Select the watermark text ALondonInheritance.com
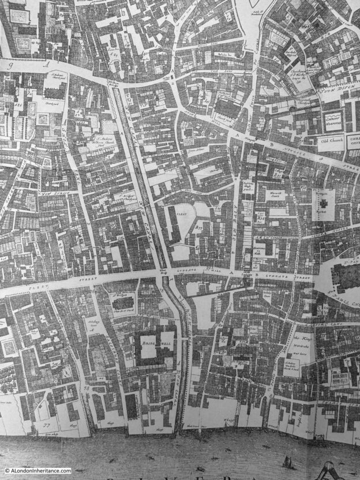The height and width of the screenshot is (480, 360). (x=38, y=471)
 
